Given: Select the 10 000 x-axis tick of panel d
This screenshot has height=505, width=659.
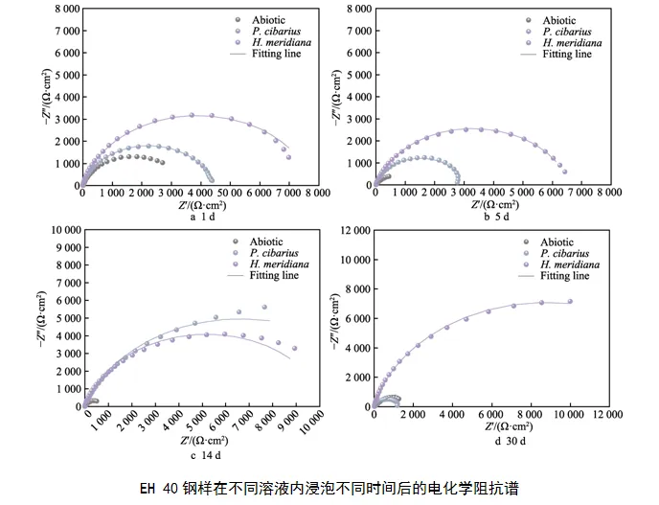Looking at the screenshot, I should point(570,415).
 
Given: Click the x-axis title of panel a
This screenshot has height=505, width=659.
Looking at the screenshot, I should point(204,205).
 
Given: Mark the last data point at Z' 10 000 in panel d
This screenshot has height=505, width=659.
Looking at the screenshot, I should point(570,302).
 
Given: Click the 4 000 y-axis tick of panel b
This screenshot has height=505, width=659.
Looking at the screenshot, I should point(352,98).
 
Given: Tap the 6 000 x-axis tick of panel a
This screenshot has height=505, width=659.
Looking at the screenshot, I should point(259,193).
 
